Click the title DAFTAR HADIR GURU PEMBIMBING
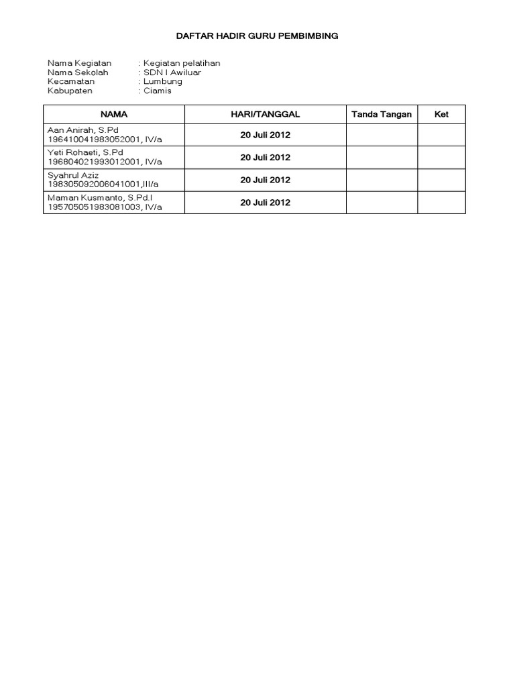[257, 36]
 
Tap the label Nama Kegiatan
[79, 63]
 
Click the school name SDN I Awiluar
[171, 72]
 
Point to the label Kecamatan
[71, 82]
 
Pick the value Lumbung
[162, 82]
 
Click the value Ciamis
[157, 91]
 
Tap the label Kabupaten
[70, 91]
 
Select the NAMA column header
[113, 115]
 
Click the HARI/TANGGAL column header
[265, 115]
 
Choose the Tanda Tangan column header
[382, 115]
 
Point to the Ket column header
[441, 115]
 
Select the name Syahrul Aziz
[73, 174]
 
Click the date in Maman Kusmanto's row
[265, 202]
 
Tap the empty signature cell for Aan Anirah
[382, 135]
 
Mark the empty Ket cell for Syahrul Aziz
[441, 180]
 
